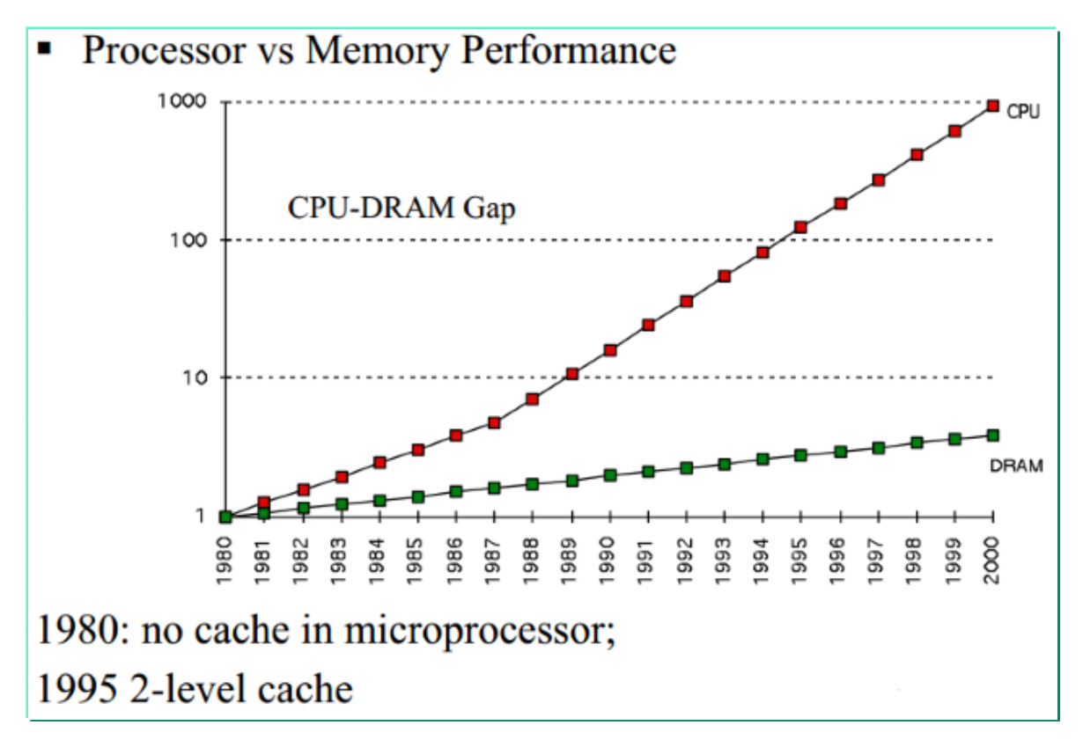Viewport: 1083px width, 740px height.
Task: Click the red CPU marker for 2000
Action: [993, 106]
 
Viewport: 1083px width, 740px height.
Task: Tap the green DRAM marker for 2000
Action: [993, 435]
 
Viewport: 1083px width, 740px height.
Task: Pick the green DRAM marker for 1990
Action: [609, 474]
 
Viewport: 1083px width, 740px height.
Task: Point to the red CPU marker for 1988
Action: [532, 399]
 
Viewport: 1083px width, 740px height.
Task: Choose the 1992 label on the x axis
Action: [686, 553]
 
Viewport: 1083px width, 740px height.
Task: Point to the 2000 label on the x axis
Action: [993, 553]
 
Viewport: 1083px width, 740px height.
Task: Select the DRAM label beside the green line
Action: [1016, 466]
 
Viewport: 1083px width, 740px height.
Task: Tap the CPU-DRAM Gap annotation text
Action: [402, 209]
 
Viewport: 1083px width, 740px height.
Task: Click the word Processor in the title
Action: [164, 50]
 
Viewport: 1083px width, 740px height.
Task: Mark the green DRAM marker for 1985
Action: [417, 497]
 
